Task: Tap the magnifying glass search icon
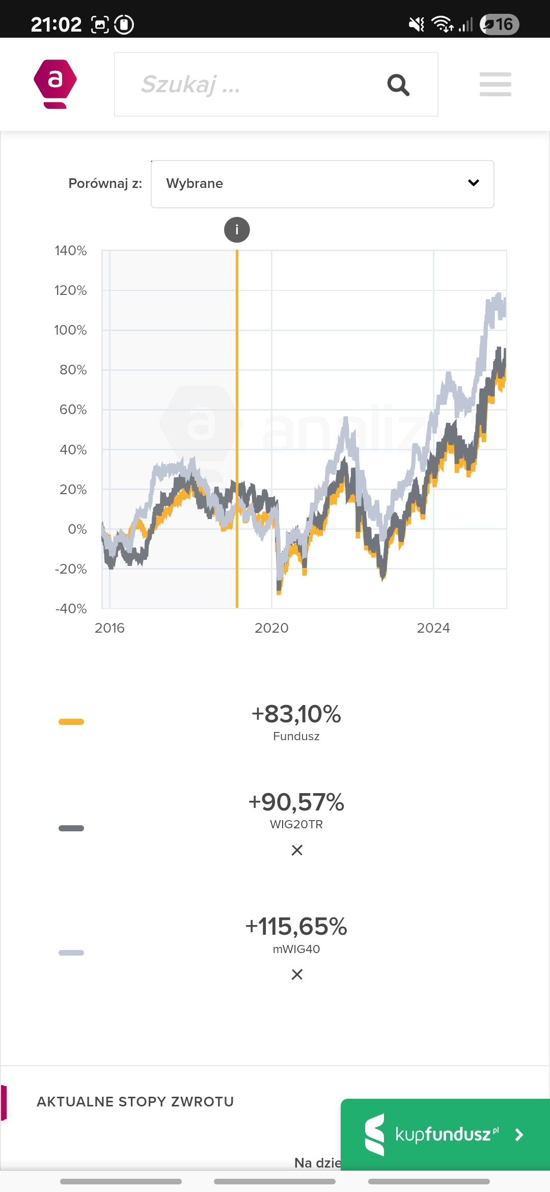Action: (398, 85)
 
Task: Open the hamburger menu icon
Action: (495, 84)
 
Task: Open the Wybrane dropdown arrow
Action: (473, 183)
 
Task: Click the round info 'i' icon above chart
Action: (237, 230)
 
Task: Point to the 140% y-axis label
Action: (71, 251)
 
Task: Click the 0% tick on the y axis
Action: (77, 529)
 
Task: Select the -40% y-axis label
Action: (71, 609)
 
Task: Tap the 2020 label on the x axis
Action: (271, 628)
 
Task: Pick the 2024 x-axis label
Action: (433, 628)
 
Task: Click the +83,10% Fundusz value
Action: (296, 714)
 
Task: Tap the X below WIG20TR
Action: (297, 850)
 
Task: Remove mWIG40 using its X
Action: (297, 974)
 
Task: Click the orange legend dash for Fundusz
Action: (71, 722)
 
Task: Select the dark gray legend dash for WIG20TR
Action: (71, 828)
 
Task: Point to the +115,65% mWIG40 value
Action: (296, 927)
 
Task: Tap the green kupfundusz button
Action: (445, 1134)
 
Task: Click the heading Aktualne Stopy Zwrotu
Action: (135, 1102)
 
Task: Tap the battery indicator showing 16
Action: (499, 24)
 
